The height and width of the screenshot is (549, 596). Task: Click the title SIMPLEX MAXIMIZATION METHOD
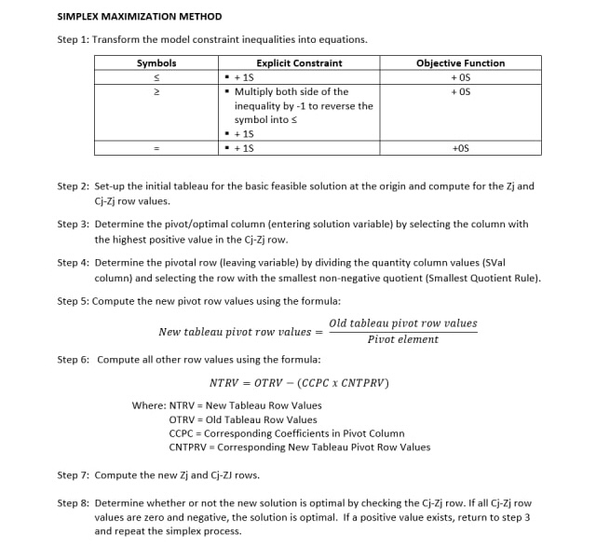[x=140, y=16]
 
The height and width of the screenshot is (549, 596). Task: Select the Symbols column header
[x=156, y=63]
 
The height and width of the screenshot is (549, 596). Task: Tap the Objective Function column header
[x=460, y=63]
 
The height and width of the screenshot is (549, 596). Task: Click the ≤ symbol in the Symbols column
[x=156, y=77]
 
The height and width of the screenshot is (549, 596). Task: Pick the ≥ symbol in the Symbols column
[x=156, y=91]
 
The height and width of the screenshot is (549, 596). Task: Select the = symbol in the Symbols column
[x=156, y=148]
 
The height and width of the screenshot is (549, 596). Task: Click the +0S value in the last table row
[x=460, y=148]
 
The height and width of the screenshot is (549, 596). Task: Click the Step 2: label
[x=74, y=186]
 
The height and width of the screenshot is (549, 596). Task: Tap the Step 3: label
[x=74, y=224]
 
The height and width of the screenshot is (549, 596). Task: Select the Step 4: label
[x=74, y=263]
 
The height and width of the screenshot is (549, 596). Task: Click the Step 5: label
[x=74, y=301]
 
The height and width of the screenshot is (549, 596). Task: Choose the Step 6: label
[x=74, y=359]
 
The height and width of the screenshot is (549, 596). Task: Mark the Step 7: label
[x=74, y=474]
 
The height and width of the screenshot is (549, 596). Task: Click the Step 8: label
[x=74, y=502]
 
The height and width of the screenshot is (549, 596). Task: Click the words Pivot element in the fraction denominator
[x=402, y=339]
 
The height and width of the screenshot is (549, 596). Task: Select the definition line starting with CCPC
[x=286, y=433]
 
